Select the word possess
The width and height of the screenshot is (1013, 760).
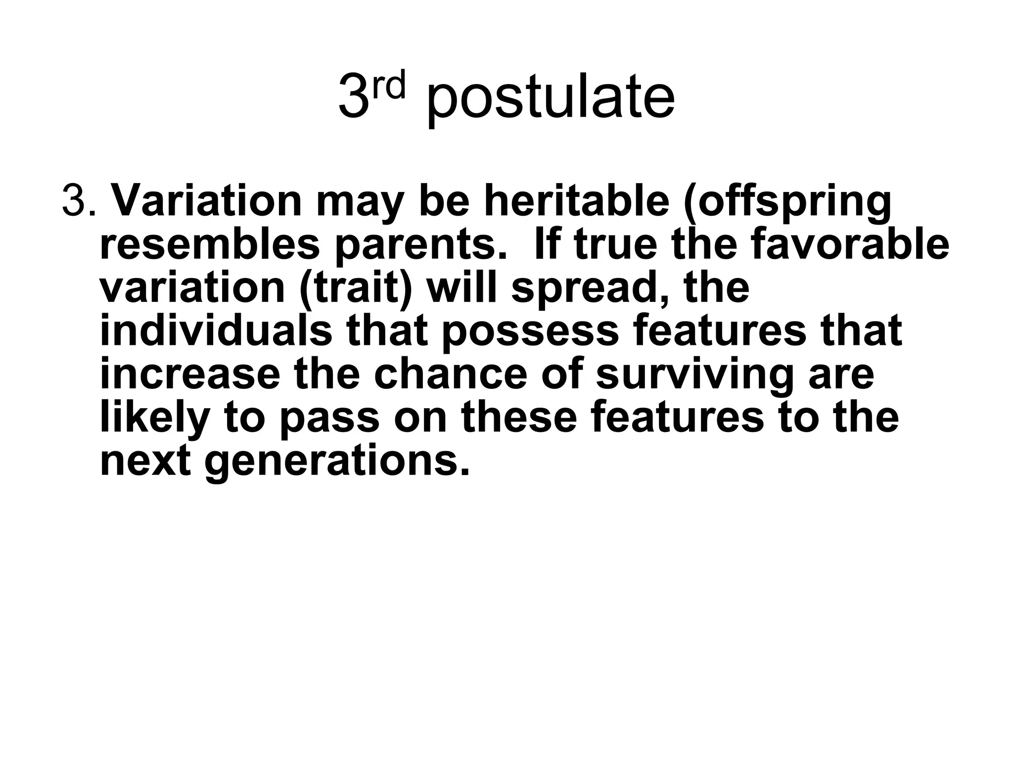529,332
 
